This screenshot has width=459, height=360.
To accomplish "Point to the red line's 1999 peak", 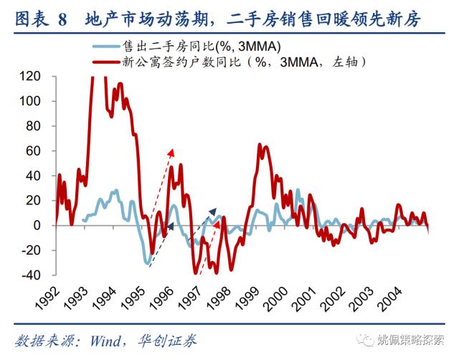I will pos(263,147).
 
